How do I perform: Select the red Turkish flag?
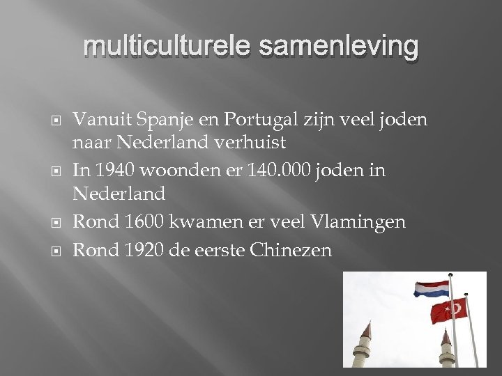450,312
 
